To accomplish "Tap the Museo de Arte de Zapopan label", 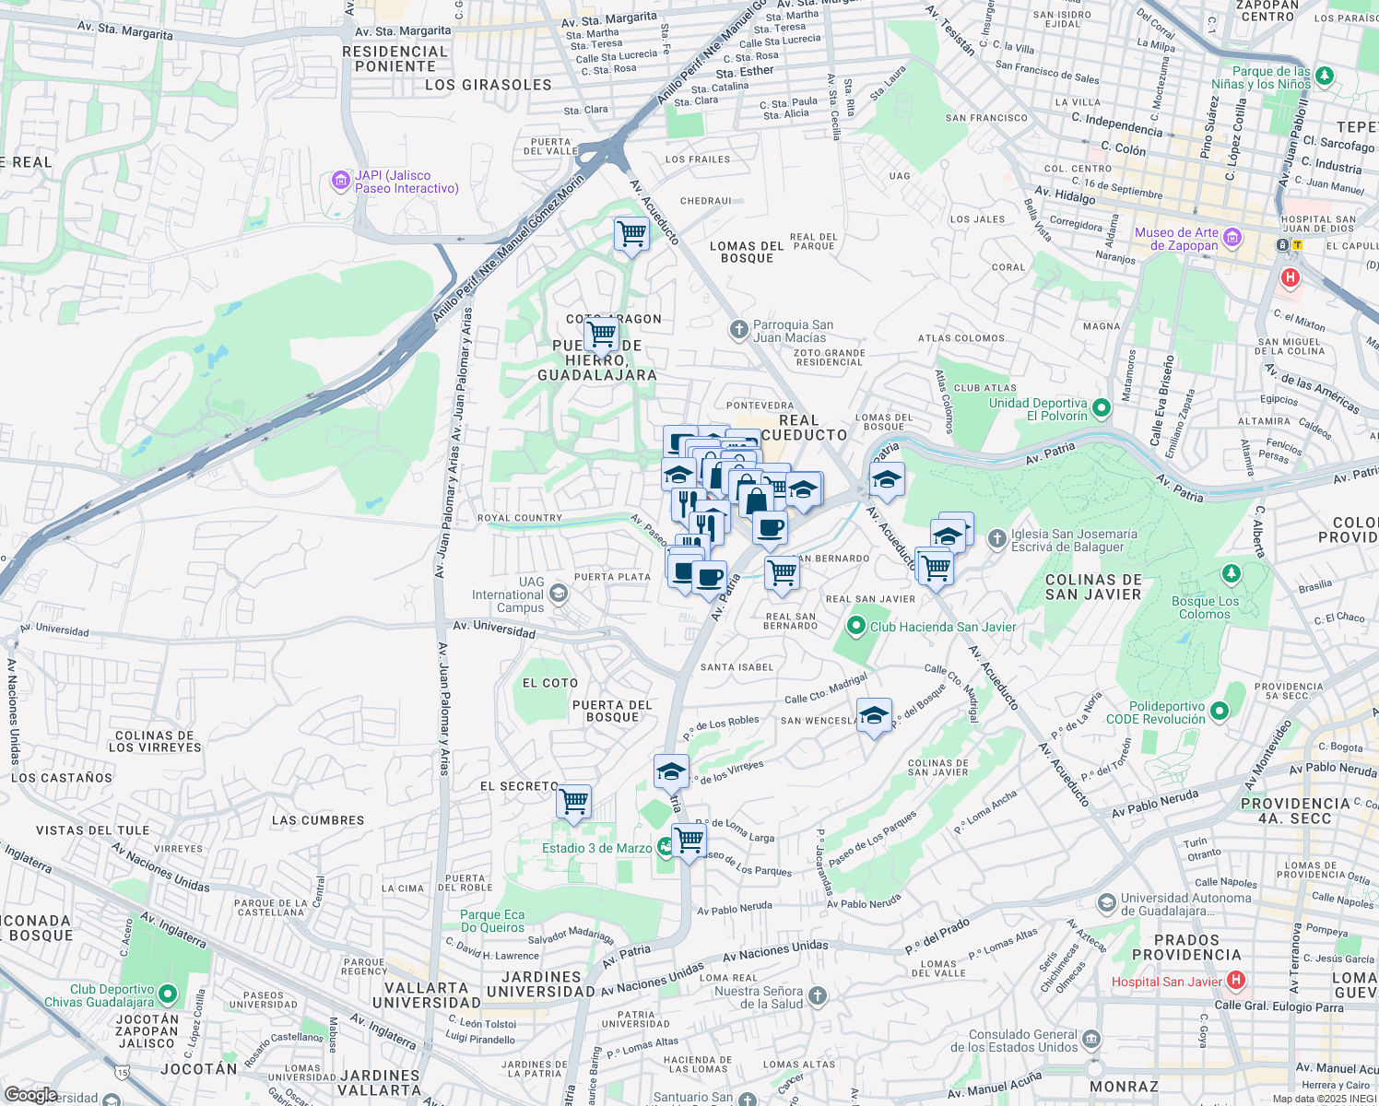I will [1176, 240].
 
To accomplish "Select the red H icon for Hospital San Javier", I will [1236, 981].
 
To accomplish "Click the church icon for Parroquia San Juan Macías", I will [738, 330].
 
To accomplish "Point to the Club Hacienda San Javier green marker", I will [856, 627].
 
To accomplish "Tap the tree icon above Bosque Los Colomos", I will [1231, 574].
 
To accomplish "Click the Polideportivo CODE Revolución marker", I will [1220, 711].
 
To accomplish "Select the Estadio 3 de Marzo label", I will [596, 848].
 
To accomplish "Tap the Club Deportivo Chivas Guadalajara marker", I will [167, 994].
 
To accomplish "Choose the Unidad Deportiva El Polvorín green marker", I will [1102, 408].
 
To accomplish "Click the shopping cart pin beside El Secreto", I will [573, 801].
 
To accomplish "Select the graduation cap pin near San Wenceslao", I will [873, 715].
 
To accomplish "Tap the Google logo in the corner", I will [30, 1094].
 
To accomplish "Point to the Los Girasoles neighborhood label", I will [488, 85].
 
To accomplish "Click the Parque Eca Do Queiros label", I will [492, 921].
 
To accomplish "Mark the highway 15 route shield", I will [123, 1072].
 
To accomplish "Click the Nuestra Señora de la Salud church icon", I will [817, 995].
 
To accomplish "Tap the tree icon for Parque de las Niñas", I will [1325, 76].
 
